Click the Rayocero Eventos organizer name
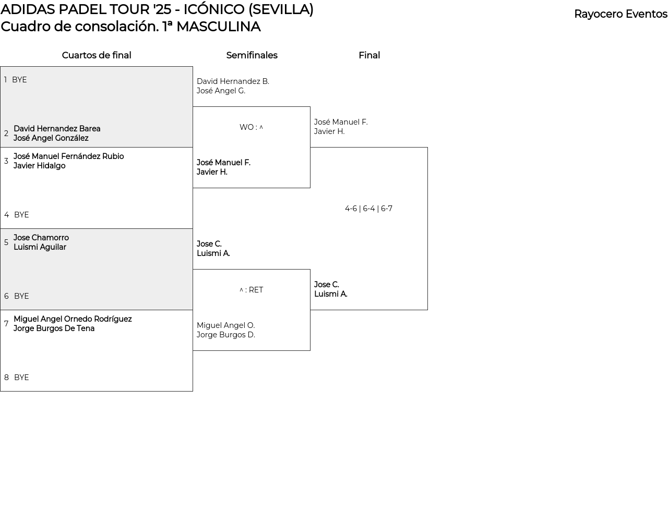tap(621, 14)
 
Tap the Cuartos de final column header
tap(97, 55)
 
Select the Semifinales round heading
tap(252, 55)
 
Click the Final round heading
tap(369, 55)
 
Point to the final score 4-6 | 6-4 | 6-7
tap(368, 209)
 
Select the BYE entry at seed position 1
tap(19, 80)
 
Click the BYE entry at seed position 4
tap(21, 215)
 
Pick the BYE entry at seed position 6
tap(21, 296)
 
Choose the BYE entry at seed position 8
tap(21, 377)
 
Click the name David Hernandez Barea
tap(57, 129)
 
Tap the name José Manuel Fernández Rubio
tap(68, 156)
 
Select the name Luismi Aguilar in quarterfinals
tap(40, 247)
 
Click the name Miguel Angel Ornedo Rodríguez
tap(73, 319)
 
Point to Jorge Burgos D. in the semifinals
tap(226, 335)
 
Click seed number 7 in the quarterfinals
tap(6, 324)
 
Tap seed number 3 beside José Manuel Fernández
tap(6, 161)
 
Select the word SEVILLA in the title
tap(281, 9)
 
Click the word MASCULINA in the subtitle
tap(219, 27)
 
